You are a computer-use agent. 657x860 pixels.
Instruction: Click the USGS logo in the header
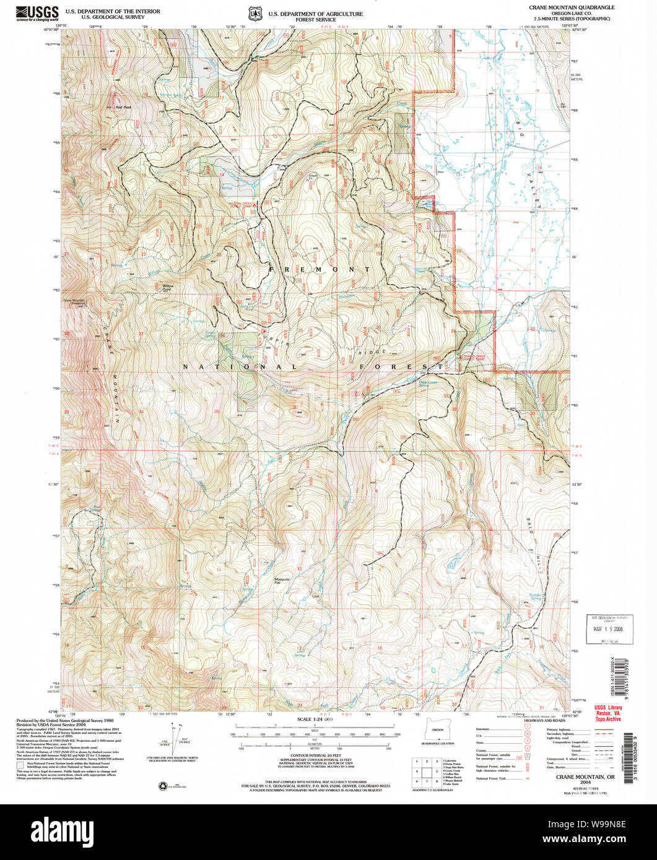38,12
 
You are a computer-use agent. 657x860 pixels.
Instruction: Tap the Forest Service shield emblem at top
253,12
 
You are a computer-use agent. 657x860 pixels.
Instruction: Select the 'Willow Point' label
167,288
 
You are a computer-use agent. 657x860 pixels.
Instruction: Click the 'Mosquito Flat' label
282,582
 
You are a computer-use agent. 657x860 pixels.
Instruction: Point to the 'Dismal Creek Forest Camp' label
474,359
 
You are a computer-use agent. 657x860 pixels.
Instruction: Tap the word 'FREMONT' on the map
320,270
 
